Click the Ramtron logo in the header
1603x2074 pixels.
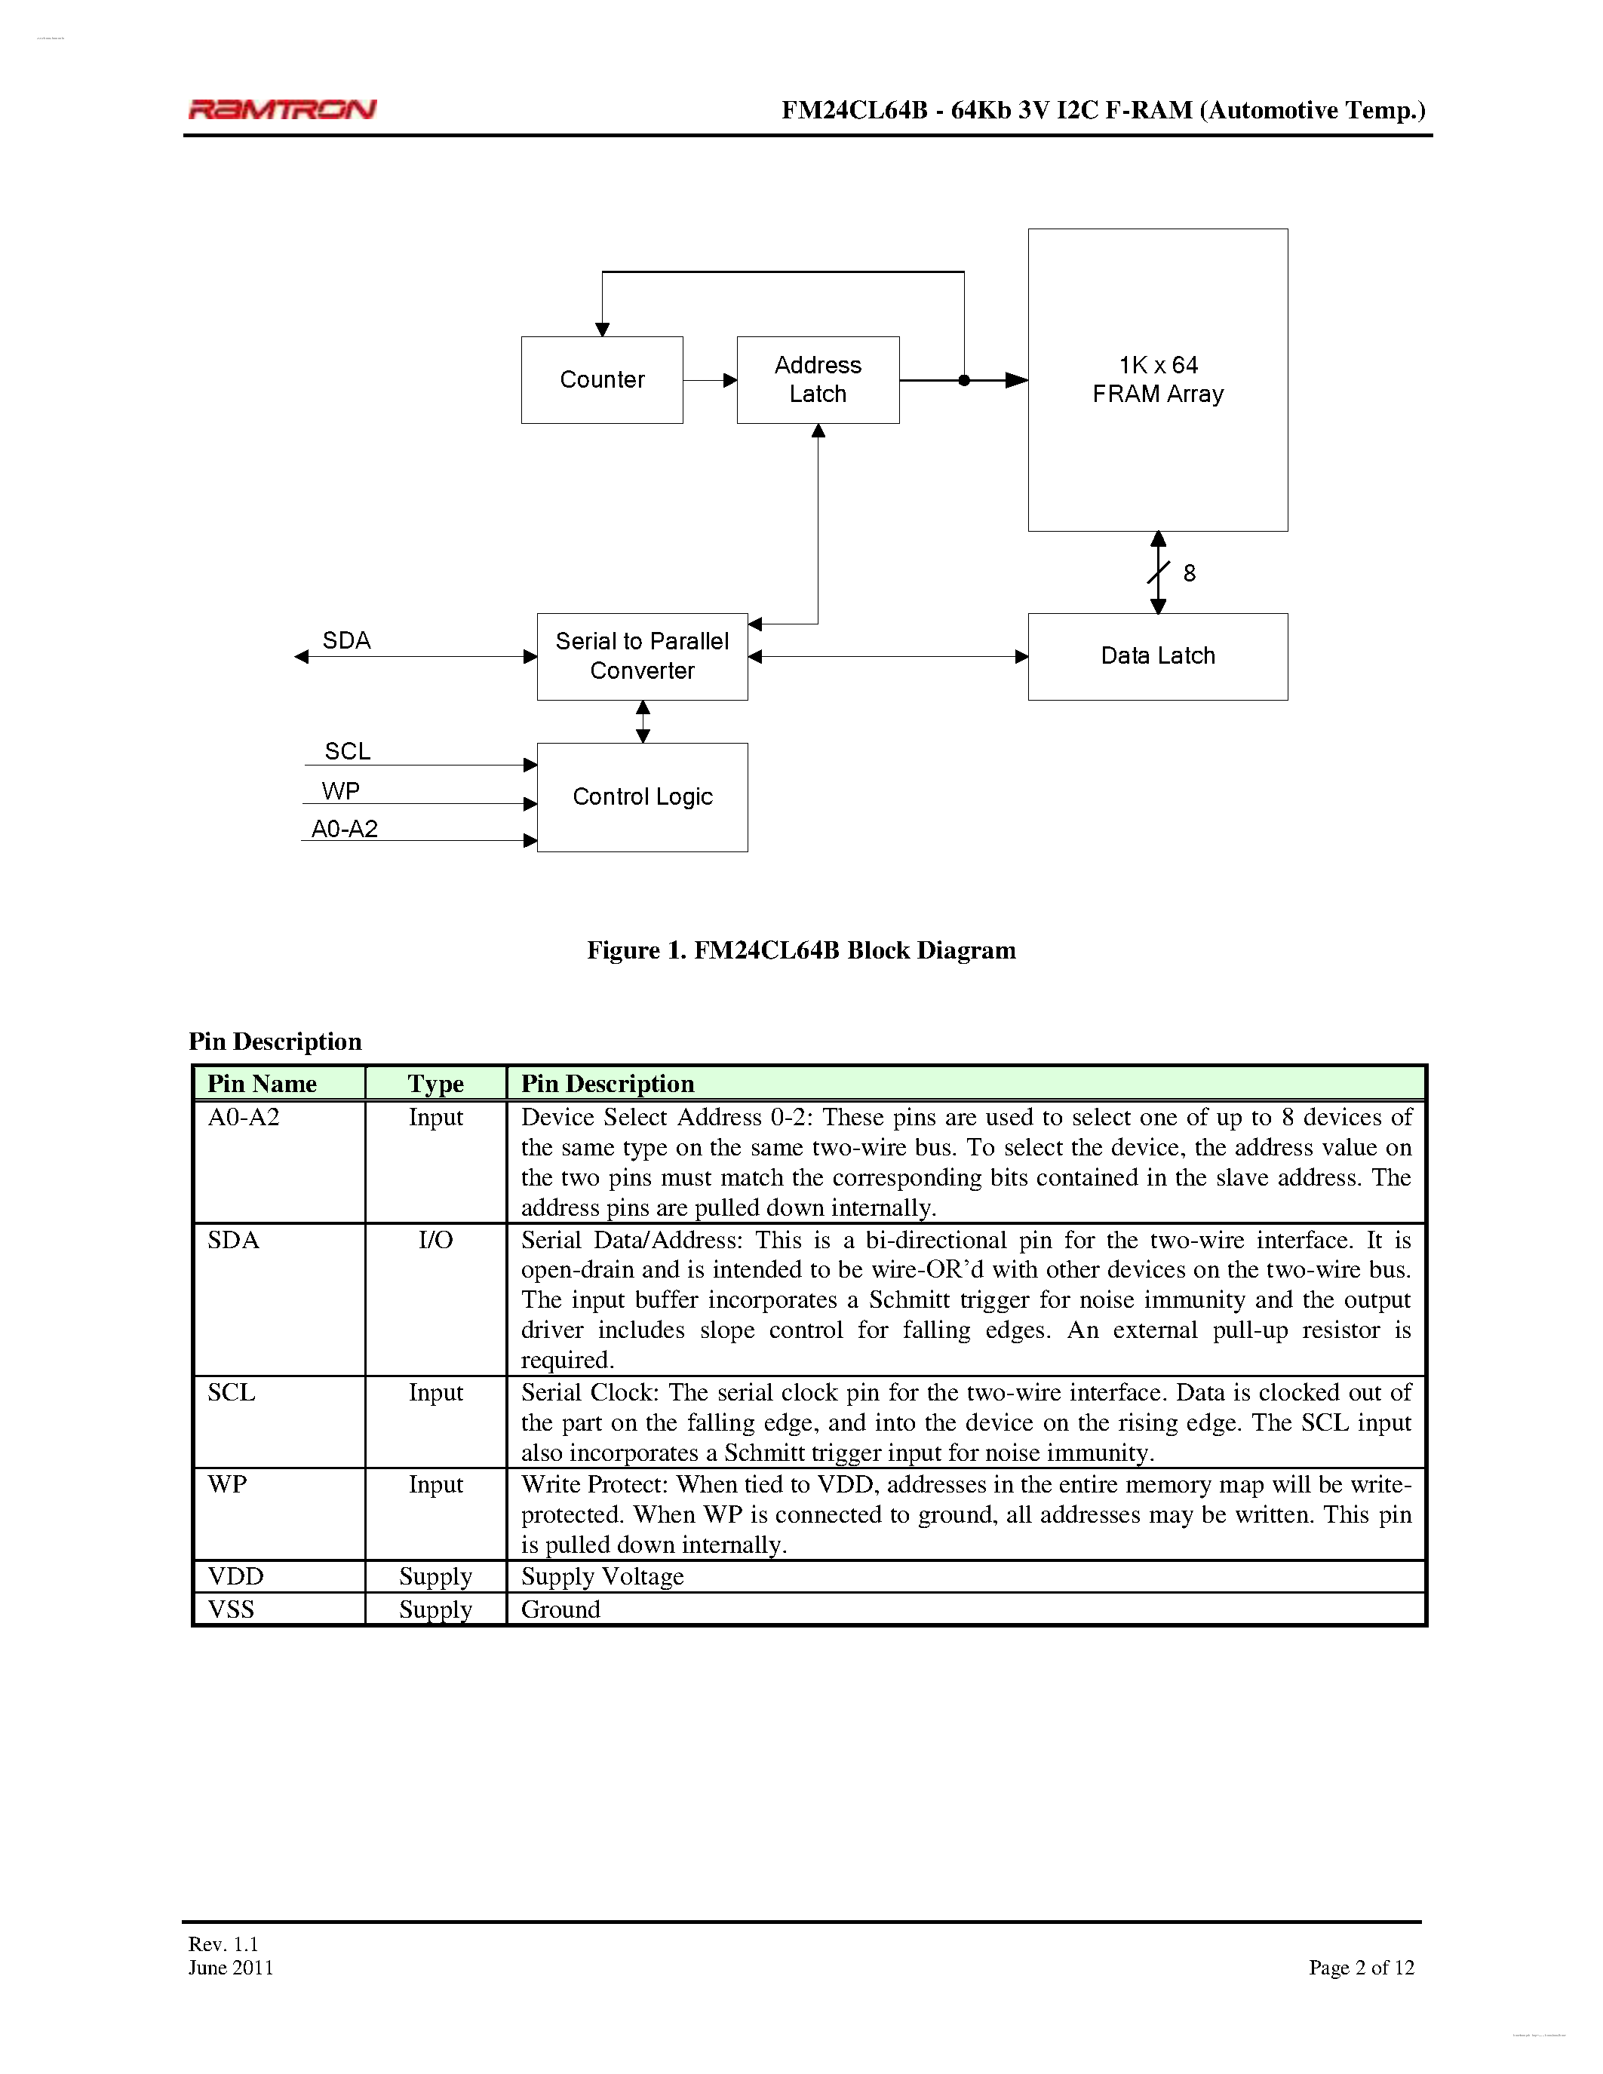[x=282, y=109]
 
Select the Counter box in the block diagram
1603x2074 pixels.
[x=602, y=380]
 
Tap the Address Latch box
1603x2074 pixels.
[x=818, y=380]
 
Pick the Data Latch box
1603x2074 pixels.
[x=1158, y=656]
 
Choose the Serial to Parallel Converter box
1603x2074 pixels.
[x=642, y=656]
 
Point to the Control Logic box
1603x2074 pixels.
[x=642, y=796]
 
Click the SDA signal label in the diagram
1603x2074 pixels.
[x=346, y=641]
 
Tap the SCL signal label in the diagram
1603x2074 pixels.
[x=348, y=751]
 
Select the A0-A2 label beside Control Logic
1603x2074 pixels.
[x=345, y=829]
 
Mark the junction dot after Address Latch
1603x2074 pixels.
[x=964, y=381]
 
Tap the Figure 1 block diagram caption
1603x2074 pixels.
[x=800, y=950]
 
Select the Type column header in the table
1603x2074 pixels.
[x=436, y=1084]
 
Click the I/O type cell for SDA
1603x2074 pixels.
[x=436, y=1240]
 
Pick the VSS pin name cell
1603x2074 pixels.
[x=232, y=1609]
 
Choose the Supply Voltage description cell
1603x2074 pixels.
[x=602, y=1577]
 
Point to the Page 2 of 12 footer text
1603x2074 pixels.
[x=1361, y=1968]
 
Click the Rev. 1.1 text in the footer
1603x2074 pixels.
[x=223, y=1944]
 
